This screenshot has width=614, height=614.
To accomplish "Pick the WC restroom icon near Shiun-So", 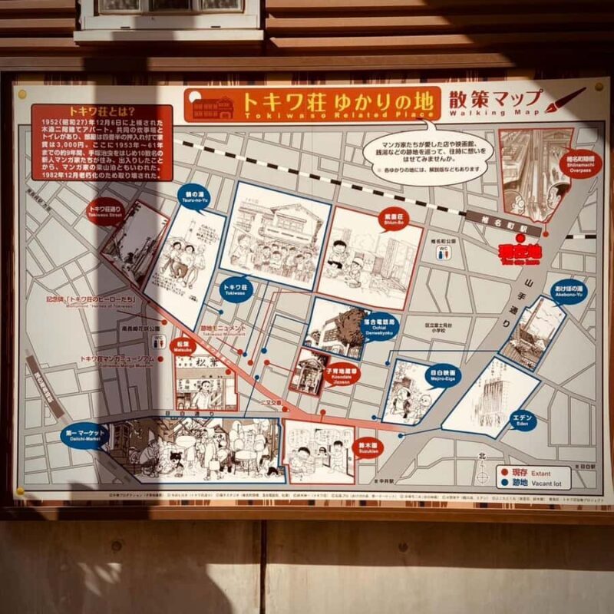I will pos(444,250).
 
